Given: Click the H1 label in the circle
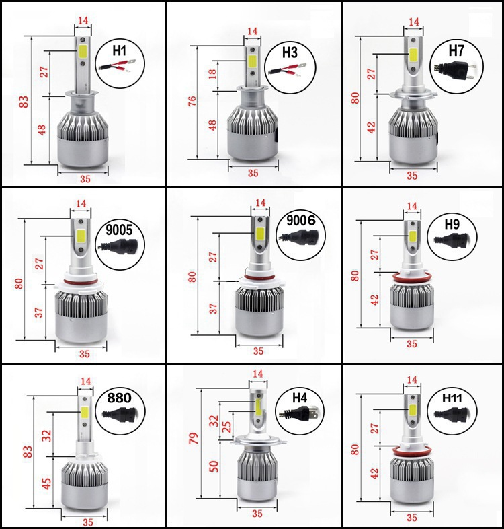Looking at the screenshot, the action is [x=119, y=50].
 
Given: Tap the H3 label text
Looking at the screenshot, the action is [x=290, y=52].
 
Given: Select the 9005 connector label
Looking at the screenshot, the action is [x=119, y=230].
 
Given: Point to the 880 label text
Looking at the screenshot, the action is [x=119, y=398].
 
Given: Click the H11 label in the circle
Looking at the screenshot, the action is [x=452, y=398].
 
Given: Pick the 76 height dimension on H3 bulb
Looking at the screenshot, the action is [x=192, y=101].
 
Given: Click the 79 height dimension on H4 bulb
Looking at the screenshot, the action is [x=194, y=438].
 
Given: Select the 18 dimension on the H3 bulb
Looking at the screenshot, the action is [x=212, y=74].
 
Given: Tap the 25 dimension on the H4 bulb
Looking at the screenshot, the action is [x=228, y=427].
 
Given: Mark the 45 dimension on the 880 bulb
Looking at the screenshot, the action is [x=47, y=483].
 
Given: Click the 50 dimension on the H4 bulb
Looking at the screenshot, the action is [x=214, y=466].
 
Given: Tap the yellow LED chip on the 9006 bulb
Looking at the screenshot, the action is [x=259, y=233].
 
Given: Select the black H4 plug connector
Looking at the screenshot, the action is [x=299, y=413].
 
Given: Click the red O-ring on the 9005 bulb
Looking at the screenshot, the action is [x=81, y=281].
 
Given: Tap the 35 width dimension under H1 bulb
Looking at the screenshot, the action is [x=85, y=178].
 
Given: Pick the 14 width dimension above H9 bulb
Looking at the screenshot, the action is [x=412, y=206].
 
